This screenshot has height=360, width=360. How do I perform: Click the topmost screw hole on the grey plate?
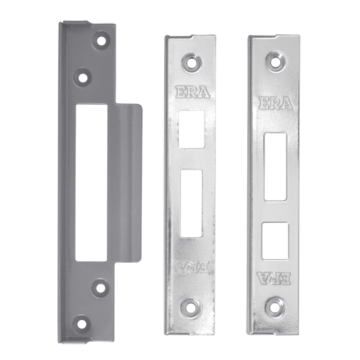click(x=101, y=41)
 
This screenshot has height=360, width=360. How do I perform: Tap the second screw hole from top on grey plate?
click(x=82, y=78)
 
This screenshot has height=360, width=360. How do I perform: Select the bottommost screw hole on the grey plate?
click(x=82, y=324)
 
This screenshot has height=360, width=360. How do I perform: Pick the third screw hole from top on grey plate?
click(x=101, y=288)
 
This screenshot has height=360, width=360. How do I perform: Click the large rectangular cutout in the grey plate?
click(x=91, y=183)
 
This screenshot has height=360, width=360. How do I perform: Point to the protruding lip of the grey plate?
click(x=128, y=183)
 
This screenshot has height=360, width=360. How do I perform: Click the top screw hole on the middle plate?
click(x=191, y=62)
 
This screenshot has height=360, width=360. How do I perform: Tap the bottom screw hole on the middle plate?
click(x=190, y=309)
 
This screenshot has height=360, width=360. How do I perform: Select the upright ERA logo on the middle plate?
click(x=192, y=92)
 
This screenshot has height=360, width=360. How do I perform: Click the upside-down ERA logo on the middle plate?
click(x=191, y=267)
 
